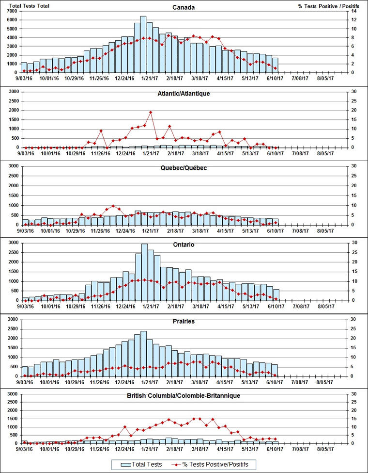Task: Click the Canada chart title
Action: coord(184,7)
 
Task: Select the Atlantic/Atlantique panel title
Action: coord(184,93)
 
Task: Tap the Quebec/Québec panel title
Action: coord(184,168)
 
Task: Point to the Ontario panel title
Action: coord(184,245)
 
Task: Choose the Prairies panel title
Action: coord(184,321)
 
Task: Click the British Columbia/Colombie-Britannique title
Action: coord(184,395)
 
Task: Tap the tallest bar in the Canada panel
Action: coord(143,44)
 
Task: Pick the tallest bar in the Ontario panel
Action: coord(144,272)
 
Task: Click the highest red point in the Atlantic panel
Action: coord(151,112)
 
